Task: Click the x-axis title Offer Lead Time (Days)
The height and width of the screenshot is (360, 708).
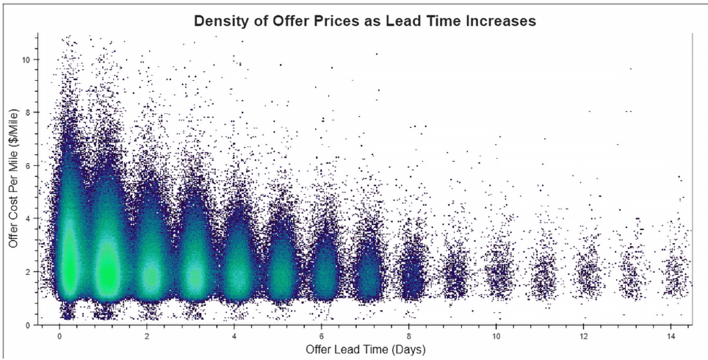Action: point(366,350)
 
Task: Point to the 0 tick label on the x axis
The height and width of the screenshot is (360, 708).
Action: point(60,335)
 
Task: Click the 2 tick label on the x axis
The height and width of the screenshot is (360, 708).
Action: point(147,335)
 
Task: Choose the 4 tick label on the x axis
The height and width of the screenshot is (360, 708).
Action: point(235,335)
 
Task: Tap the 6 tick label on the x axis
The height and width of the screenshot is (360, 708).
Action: point(322,335)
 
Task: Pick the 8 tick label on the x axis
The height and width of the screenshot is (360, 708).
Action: point(409,335)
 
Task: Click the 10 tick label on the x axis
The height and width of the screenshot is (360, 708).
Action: point(496,335)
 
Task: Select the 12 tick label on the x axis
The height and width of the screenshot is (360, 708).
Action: point(584,335)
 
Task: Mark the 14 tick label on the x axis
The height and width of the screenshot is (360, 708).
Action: point(671,335)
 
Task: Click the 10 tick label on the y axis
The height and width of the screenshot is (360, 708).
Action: point(26,59)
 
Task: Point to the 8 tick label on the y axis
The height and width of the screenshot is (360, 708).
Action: point(28,112)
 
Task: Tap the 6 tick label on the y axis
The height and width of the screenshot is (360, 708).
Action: point(28,165)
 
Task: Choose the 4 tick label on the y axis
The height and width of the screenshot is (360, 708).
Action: point(28,218)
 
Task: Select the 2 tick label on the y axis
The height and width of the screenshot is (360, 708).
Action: point(28,272)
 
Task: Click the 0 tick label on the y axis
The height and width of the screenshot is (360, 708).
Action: point(28,324)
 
